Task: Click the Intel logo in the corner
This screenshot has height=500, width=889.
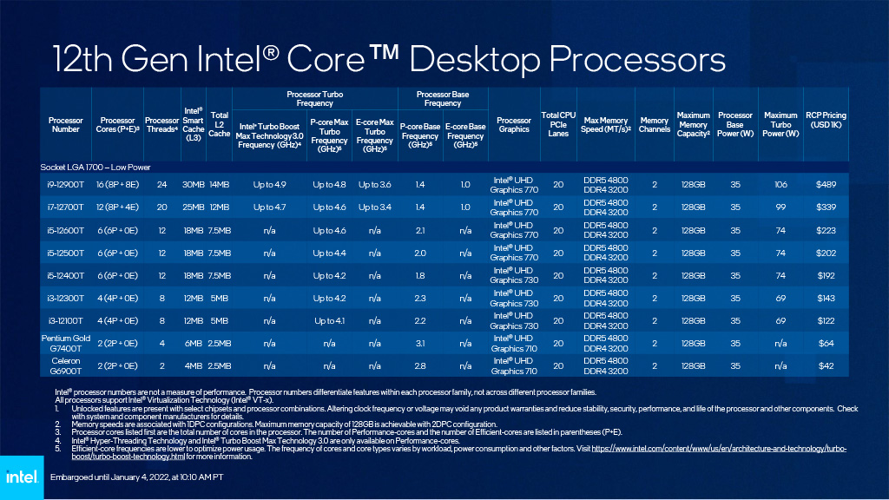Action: tap(21, 477)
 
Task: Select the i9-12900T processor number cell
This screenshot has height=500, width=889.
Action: tap(66, 184)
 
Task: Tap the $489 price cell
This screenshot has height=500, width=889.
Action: tap(825, 184)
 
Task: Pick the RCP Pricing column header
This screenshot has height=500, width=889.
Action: tap(825, 121)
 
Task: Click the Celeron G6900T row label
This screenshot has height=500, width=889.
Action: tap(66, 365)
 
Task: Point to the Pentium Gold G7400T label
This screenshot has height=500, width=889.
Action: tap(66, 342)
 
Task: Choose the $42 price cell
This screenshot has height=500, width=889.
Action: tap(825, 365)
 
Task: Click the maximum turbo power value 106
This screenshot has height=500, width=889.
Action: tap(780, 184)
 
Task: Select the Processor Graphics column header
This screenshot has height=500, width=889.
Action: tap(514, 125)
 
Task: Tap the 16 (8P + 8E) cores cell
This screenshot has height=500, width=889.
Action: tap(117, 184)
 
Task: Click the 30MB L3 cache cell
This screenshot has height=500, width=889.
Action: tap(192, 184)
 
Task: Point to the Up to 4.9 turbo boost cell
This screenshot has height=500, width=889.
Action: tap(269, 184)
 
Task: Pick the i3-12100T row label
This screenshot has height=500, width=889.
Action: tap(66, 319)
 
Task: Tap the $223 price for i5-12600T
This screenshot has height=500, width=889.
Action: tap(825, 229)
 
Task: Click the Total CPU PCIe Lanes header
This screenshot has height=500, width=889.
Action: tap(558, 125)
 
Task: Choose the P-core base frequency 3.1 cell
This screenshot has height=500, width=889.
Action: tap(419, 342)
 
